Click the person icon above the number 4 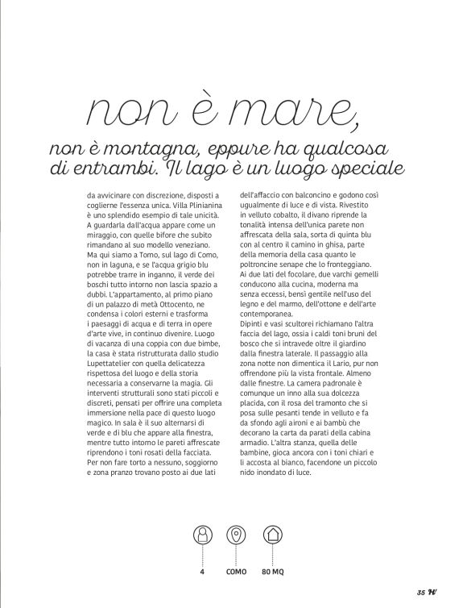pyautogui.click(x=201, y=534)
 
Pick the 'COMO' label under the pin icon pyautogui.click(x=235, y=573)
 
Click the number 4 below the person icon pyautogui.click(x=201, y=573)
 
